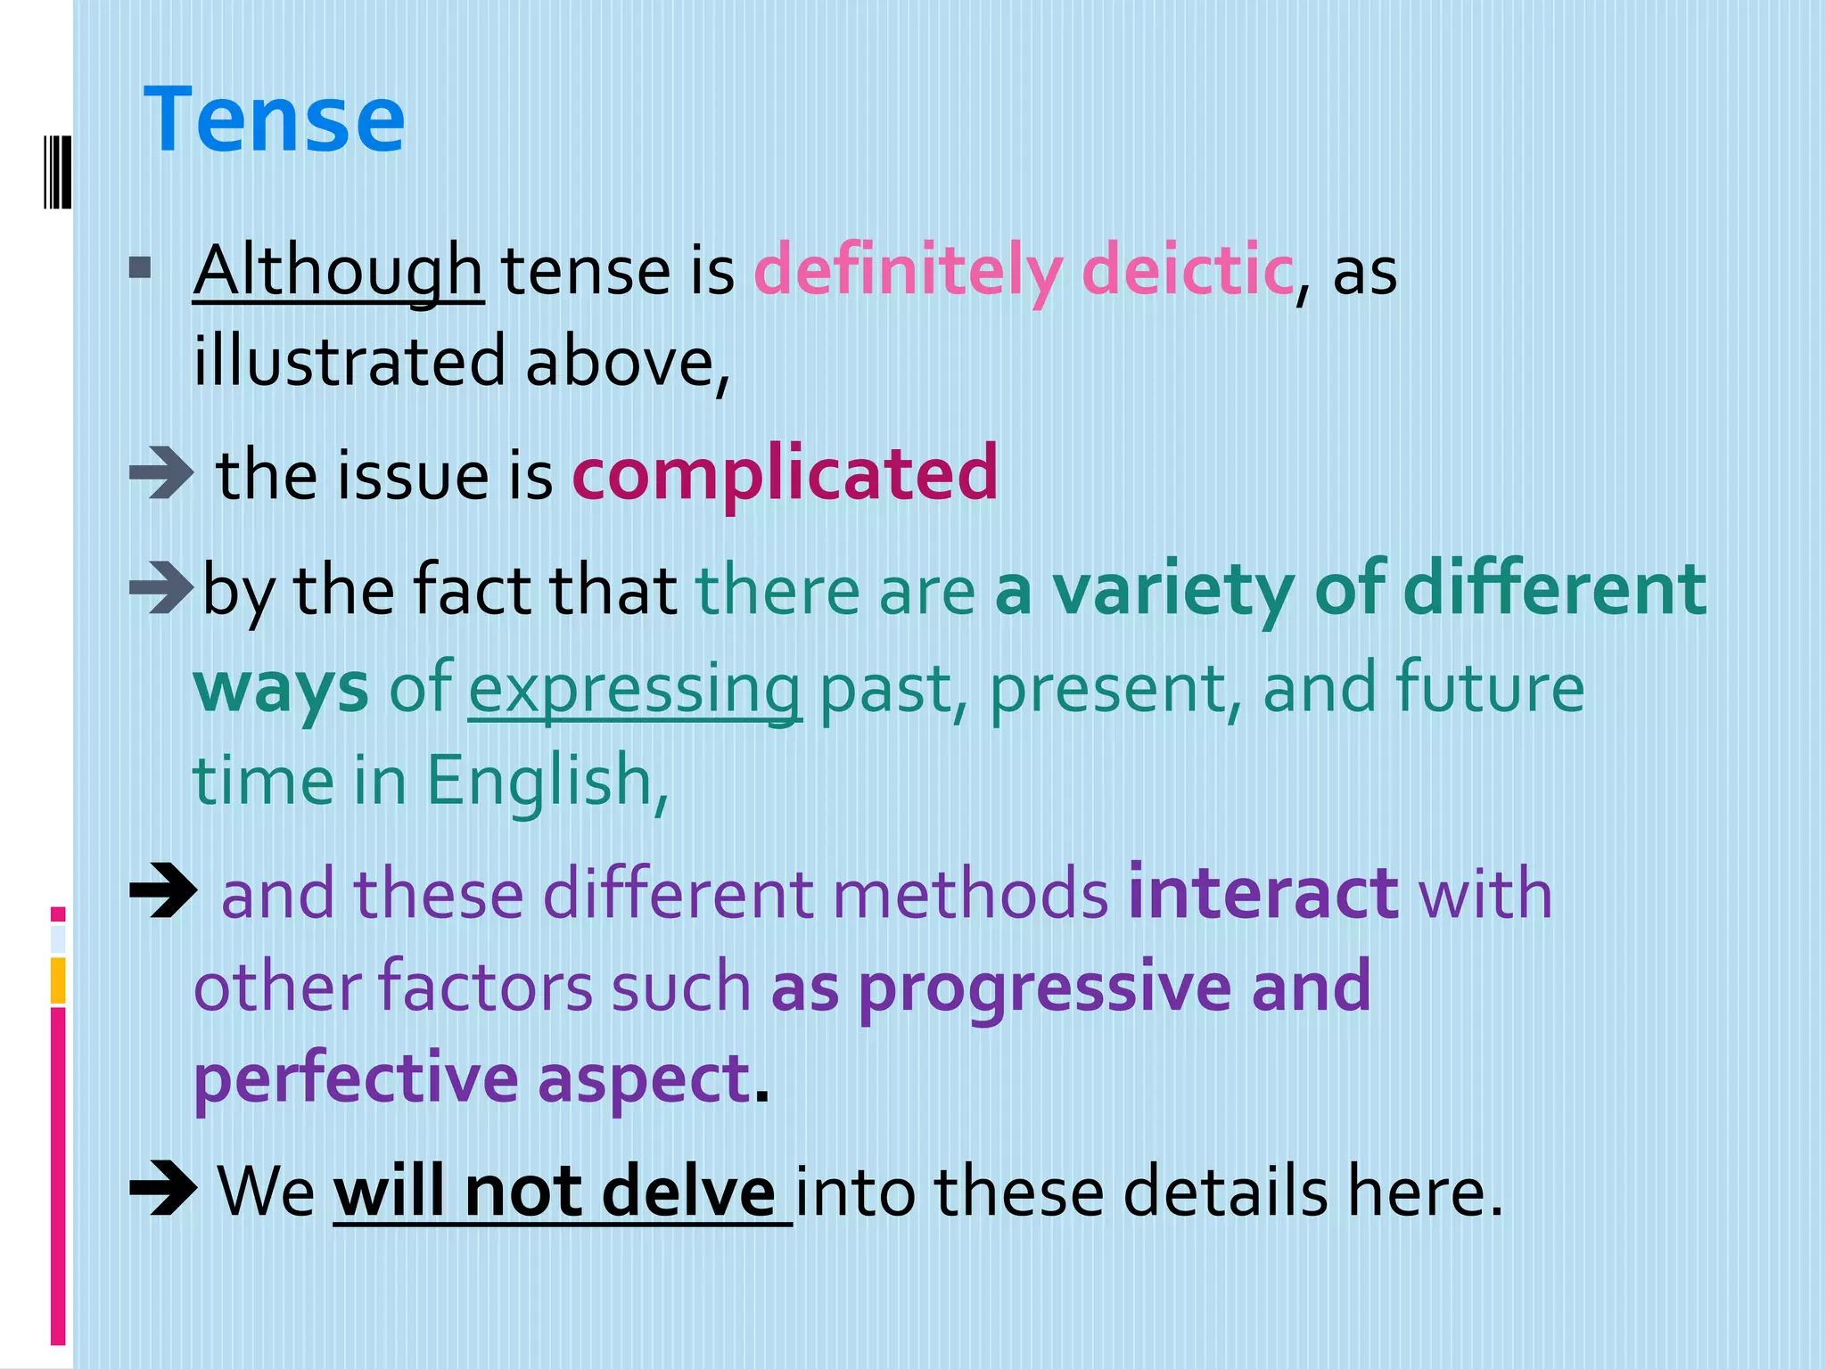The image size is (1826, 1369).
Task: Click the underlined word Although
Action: (x=338, y=271)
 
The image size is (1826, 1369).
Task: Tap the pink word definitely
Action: (x=909, y=271)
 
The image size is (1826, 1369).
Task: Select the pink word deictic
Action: (x=1187, y=271)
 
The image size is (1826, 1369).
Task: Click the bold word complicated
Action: (x=785, y=473)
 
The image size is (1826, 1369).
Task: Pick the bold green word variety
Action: (x=1173, y=589)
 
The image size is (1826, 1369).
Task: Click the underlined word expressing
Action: (x=634, y=689)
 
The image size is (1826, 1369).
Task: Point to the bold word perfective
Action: (x=356, y=1078)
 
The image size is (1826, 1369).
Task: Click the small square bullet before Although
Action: (x=140, y=267)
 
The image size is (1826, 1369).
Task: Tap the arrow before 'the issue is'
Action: (x=161, y=472)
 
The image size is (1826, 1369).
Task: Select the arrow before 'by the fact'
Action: (x=161, y=588)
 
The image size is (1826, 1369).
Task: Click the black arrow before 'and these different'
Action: (x=163, y=891)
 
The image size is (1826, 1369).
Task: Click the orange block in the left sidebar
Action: (x=58, y=980)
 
